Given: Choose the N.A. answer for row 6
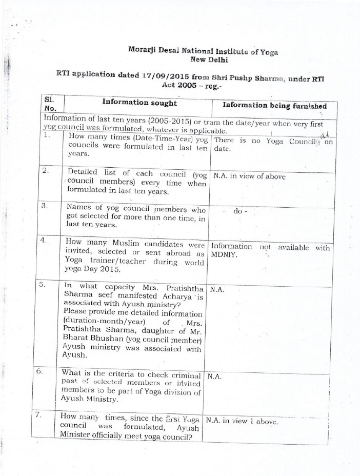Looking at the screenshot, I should click(x=214, y=376).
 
